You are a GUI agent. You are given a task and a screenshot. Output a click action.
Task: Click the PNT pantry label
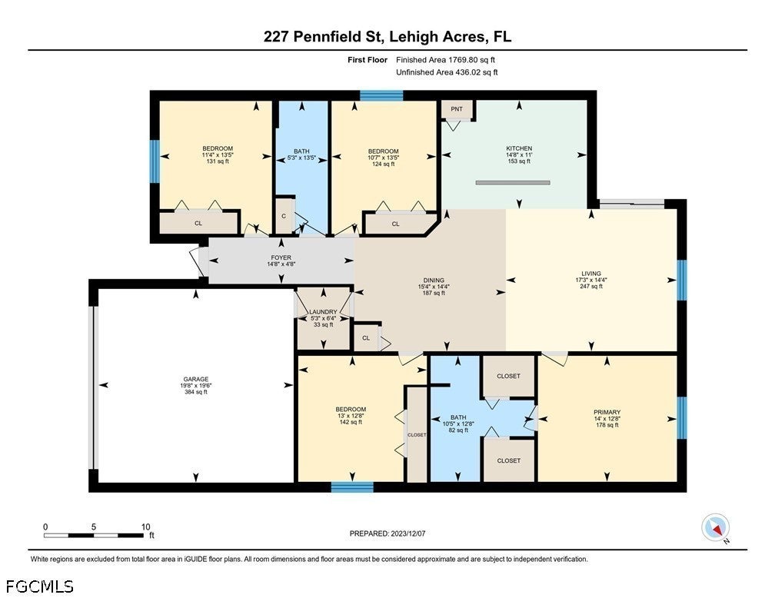click(456, 108)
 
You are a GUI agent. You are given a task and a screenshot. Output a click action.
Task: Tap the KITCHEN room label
click(519, 148)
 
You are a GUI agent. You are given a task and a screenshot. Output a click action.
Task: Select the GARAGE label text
click(196, 379)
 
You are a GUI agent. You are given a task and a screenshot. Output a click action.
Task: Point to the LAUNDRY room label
click(323, 312)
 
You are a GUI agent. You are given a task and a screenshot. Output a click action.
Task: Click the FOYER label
click(281, 257)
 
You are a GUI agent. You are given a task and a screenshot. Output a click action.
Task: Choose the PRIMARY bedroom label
click(607, 412)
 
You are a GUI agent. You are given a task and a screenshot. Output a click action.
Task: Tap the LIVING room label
click(591, 274)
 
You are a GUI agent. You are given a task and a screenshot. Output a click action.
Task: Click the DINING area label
click(434, 281)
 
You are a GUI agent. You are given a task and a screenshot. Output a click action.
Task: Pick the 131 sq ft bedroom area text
click(218, 161)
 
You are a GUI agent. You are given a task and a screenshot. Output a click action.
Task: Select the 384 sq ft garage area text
click(196, 392)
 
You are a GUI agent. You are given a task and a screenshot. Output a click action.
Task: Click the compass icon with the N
click(716, 528)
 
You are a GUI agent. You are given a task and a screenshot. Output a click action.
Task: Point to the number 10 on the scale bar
click(145, 527)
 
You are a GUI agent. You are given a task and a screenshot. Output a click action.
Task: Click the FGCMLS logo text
click(39, 586)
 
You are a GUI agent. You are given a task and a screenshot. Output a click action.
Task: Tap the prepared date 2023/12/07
click(407, 533)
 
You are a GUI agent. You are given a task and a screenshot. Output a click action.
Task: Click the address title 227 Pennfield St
click(324, 37)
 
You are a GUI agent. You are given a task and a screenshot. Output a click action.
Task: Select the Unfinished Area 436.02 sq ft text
click(447, 72)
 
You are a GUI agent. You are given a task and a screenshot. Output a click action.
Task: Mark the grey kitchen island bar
click(513, 183)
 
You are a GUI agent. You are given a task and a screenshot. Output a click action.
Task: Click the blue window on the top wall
click(381, 95)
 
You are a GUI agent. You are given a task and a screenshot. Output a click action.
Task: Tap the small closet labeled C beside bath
click(284, 215)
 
